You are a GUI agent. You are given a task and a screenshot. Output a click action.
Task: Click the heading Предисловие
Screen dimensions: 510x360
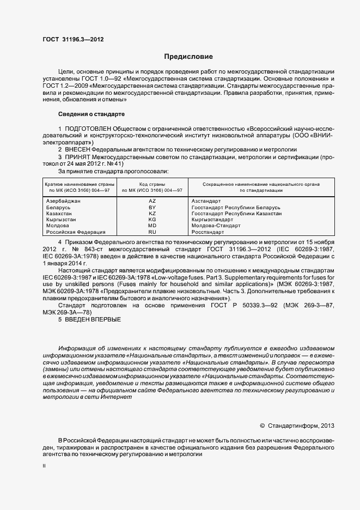[189, 57]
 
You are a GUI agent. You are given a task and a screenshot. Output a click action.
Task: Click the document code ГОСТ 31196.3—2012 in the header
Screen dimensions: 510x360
[73, 40]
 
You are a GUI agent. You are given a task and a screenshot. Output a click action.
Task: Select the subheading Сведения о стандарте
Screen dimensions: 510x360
[91, 114]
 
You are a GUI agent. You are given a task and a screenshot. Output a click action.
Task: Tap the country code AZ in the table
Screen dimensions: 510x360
[152, 202]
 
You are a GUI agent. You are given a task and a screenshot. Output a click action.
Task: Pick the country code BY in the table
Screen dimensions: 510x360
[152, 208]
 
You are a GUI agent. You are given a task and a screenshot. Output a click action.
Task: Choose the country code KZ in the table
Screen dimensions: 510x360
[152, 214]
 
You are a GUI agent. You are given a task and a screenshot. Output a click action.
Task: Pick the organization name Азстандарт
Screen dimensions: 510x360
[206, 202]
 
